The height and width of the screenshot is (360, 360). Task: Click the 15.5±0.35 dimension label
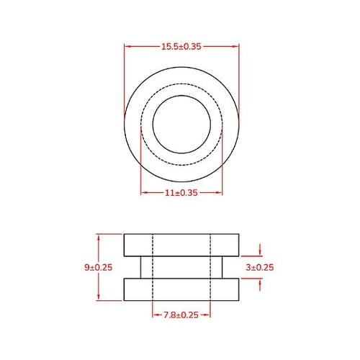(181, 46)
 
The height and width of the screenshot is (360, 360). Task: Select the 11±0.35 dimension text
(181, 193)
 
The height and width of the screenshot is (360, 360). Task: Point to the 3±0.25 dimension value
(260, 267)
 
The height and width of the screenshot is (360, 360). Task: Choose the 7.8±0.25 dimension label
(181, 315)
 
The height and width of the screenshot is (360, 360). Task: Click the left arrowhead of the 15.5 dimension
(127, 46)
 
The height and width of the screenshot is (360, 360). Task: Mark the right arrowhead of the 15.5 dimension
(235, 46)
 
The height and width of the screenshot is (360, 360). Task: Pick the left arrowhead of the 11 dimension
(143, 193)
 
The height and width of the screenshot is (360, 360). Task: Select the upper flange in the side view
(181, 245)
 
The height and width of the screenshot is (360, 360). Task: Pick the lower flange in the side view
(181, 289)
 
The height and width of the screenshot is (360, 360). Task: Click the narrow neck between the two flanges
(181, 267)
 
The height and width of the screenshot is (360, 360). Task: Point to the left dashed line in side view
(153, 267)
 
